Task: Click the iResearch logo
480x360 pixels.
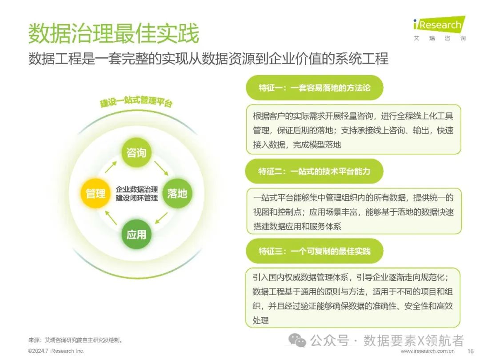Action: tap(439, 28)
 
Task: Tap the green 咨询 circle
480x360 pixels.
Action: tap(136, 153)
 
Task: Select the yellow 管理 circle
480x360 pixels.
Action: tap(96, 193)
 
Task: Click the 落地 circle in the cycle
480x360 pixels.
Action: tap(177, 193)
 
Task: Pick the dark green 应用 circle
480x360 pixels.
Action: tap(136, 234)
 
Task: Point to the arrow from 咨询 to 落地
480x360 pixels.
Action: tap(162, 168)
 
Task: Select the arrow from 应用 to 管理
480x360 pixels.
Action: tap(111, 218)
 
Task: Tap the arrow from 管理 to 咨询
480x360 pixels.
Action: tap(111, 169)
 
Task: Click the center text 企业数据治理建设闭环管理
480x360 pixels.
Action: tap(136, 193)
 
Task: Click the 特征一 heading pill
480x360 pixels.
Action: tap(314, 88)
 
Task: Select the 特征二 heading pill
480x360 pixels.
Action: tap(314, 171)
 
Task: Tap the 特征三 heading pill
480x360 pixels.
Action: tap(314, 251)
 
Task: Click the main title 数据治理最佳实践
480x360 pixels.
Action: tap(113, 34)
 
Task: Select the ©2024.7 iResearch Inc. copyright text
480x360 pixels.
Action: tap(56, 351)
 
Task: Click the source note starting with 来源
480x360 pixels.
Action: tap(76, 340)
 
